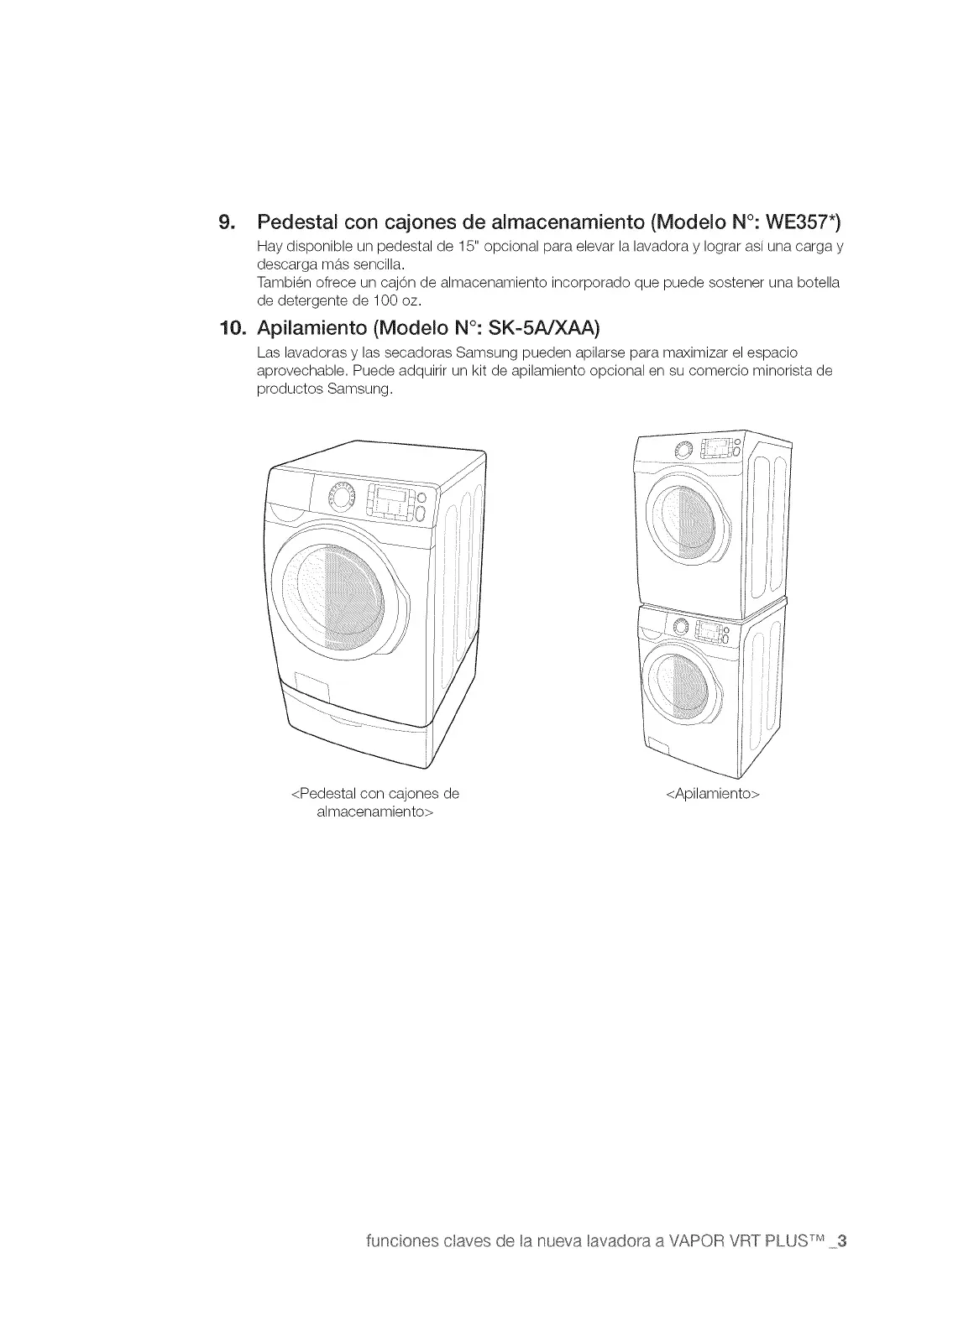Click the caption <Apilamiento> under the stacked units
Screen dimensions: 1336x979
712,793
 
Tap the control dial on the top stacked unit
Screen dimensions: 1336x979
682,451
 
